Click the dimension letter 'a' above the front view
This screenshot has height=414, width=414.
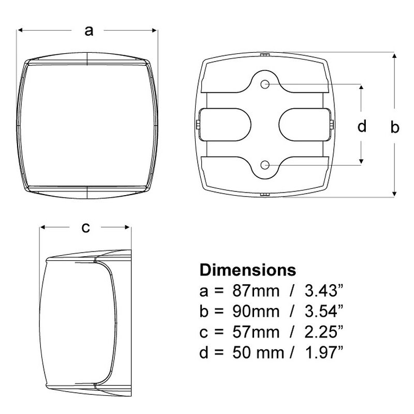click(88, 31)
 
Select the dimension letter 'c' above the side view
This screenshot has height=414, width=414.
click(86, 227)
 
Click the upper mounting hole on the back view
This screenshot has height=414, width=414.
click(264, 84)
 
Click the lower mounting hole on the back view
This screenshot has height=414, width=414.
click(264, 165)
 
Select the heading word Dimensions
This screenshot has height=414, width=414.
click(248, 270)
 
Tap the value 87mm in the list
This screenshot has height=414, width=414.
click(256, 291)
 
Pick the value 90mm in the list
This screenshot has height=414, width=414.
click(256, 312)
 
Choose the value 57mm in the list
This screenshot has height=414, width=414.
click(256, 332)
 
